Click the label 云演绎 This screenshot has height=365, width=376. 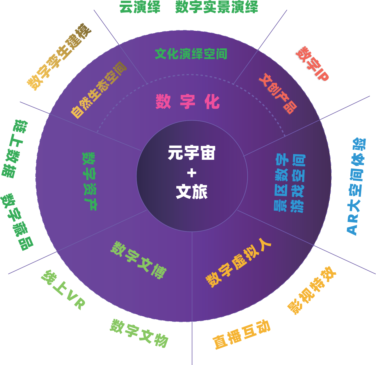pos(140,7)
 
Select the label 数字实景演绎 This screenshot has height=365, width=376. pos(217,7)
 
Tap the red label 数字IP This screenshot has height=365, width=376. pos(312,64)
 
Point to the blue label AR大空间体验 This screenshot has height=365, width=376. pos(356,186)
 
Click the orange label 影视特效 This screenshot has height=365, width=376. pos(311,290)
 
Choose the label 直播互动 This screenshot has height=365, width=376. pos(242,334)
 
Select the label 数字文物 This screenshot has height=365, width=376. pos(139,333)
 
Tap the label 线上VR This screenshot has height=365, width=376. pos(63,290)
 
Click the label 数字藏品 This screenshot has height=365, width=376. pos(17,221)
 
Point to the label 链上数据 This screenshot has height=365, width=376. pos(15,149)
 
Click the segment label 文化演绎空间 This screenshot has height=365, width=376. pos(191,54)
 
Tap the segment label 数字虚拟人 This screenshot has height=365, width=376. pos(238,262)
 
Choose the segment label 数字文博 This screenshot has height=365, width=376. pos(139,260)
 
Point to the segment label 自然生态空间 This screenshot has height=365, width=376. pos(99,89)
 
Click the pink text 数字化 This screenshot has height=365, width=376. pos(188,101)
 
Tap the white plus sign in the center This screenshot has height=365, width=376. pos(191,173)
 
